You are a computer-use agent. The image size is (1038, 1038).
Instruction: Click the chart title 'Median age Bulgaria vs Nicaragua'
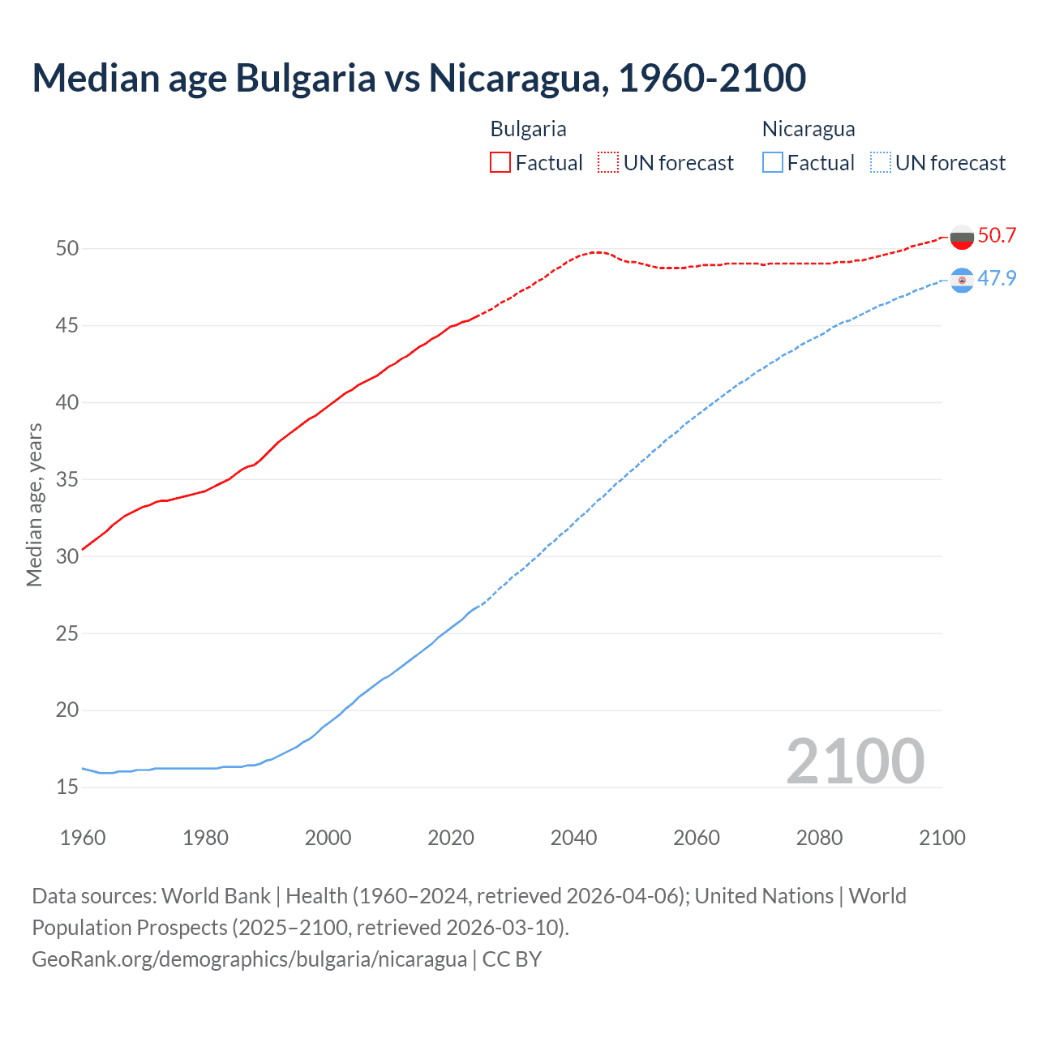coord(418,78)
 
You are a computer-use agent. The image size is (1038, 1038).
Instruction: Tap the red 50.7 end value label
coord(997,235)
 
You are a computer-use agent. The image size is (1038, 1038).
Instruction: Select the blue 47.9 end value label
coord(997,278)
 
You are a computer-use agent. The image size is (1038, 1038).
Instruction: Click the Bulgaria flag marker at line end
coord(962,236)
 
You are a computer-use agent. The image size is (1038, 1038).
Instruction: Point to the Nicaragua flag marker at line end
coord(962,280)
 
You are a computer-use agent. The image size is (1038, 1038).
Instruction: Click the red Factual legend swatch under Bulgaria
coord(500,162)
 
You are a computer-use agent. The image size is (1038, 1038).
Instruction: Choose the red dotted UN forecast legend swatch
coord(608,162)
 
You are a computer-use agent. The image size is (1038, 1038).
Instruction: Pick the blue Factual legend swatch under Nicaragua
coord(773,162)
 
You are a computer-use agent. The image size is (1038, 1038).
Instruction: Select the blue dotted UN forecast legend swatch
coord(880,162)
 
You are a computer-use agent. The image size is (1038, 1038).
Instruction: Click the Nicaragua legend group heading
coord(809,129)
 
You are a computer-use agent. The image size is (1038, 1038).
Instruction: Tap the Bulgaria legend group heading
coord(528,129)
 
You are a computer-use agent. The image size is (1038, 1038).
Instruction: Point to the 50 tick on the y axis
coord(67,248)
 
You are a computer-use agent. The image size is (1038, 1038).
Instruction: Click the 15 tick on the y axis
coord(67,787)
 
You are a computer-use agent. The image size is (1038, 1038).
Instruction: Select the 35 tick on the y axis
coord(67,479)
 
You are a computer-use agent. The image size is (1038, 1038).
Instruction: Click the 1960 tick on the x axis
coord(83,838)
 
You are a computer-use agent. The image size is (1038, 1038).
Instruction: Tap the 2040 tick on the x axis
coord(573,838)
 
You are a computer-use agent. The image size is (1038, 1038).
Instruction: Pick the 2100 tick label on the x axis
coord(941,838)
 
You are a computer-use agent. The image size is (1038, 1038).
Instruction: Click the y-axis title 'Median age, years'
coord(34,504)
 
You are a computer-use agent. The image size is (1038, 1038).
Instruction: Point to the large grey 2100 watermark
coord(855,761)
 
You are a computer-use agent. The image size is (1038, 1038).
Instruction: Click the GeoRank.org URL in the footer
coord(249,959)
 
